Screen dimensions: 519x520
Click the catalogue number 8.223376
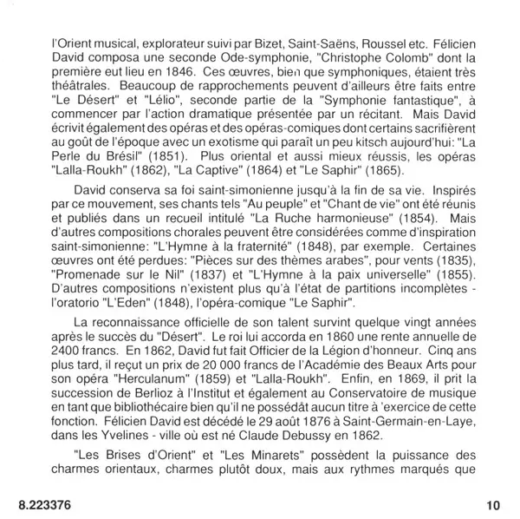tap(48, 504)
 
